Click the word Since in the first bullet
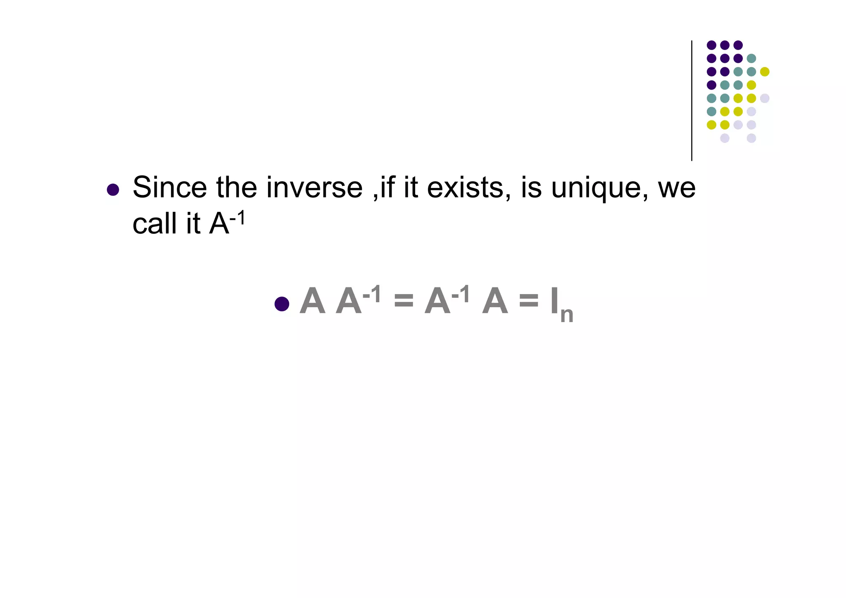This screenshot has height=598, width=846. (x=169, y=188)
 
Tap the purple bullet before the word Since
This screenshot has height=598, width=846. (x=113, y=190)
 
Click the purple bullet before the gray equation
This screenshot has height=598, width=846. (x=282, y=304)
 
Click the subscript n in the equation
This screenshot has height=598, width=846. (x=567, y=315)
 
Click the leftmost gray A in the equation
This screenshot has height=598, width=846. (x=312, y=301)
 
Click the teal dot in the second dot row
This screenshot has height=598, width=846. (x=751, y=58)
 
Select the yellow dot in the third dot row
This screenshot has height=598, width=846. (x=765, y=72)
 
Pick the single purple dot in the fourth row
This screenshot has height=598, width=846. (x=711, y=85)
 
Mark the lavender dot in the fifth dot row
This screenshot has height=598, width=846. (x=765, y=98)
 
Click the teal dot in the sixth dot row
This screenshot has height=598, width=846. (x=711, y=112)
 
